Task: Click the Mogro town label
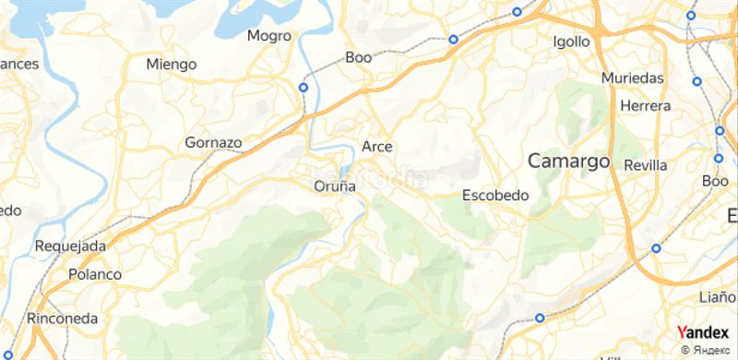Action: point(269,36)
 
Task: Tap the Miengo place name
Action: point(172,64)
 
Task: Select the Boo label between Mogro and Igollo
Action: point(358,57)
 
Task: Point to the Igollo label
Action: point(570,42)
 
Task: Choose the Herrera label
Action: point(646,106)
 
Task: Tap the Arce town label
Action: point(377,146)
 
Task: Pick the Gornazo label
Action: point(213,143)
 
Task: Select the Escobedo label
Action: point(494,196)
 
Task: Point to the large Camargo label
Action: point(569,161)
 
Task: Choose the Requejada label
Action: point(70,246)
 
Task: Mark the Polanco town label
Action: point(95,274)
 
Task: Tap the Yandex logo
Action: point(702,332)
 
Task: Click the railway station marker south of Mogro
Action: point(303,87)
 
